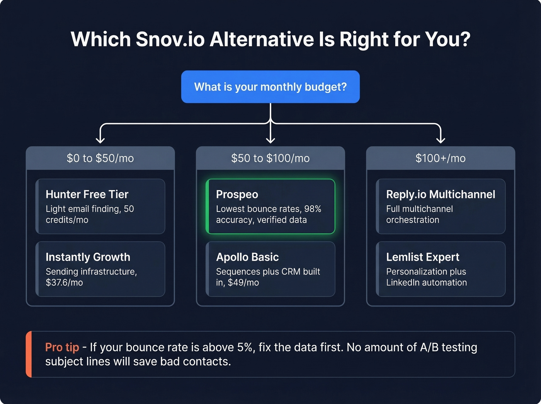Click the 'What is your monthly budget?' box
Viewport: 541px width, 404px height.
tap(270, 87)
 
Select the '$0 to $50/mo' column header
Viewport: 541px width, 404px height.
tap(100, 158)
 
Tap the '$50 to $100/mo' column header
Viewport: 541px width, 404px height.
tap(270, 158)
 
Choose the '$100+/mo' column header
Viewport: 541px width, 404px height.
tap(441, 158)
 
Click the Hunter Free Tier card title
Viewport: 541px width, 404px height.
tap(87, 194)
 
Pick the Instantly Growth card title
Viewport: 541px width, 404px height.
tap(88, 257)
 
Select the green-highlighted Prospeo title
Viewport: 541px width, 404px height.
tap(237, 194)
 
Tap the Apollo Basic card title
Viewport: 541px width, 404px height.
tap(247, 257)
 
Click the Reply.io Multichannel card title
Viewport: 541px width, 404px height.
tap(441, 194)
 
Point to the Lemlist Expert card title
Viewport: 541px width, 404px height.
tap(423, 257)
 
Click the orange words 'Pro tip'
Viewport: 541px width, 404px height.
tap(62, 347)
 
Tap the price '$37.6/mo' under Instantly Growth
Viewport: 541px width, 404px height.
tap(64, 283)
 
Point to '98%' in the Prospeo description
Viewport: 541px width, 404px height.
tap(313, 209)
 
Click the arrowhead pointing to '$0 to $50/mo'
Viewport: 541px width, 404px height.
tap(100, 139)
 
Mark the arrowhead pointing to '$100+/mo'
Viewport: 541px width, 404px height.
tap(441, 139)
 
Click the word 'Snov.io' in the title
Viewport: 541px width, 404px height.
tap(170, 39)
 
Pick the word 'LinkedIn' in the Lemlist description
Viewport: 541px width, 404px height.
tap(403, 283)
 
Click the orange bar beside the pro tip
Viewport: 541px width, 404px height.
tap(29, 354)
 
